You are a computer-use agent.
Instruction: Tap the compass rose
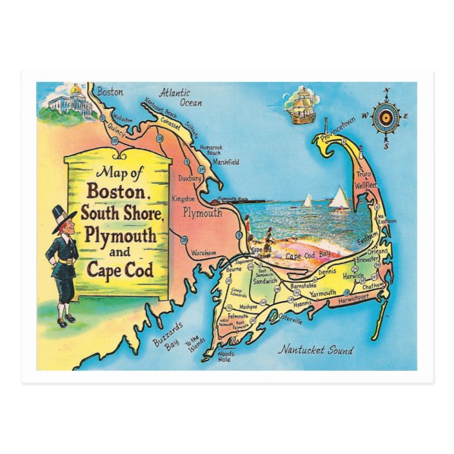(386, 118)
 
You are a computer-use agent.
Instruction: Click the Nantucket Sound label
(315, 350)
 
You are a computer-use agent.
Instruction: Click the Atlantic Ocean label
(181, 97)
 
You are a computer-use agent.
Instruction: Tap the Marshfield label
(224, 162)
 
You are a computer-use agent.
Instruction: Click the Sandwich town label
(265, 281)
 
